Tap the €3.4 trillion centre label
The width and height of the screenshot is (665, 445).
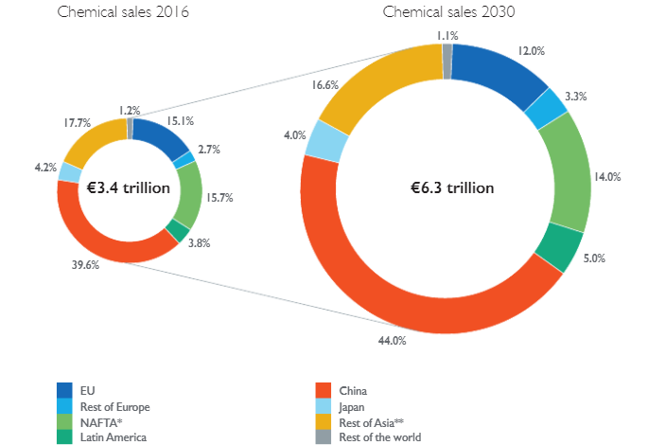click(x=129, y=187)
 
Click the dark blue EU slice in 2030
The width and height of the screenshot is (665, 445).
click(x=501, y=71)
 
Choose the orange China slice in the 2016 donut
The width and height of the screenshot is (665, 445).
click(x=95, y=227)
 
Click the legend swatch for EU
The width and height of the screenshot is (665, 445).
click(x=65, y=389)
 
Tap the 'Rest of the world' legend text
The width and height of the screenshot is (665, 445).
click(x=380, y=436)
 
